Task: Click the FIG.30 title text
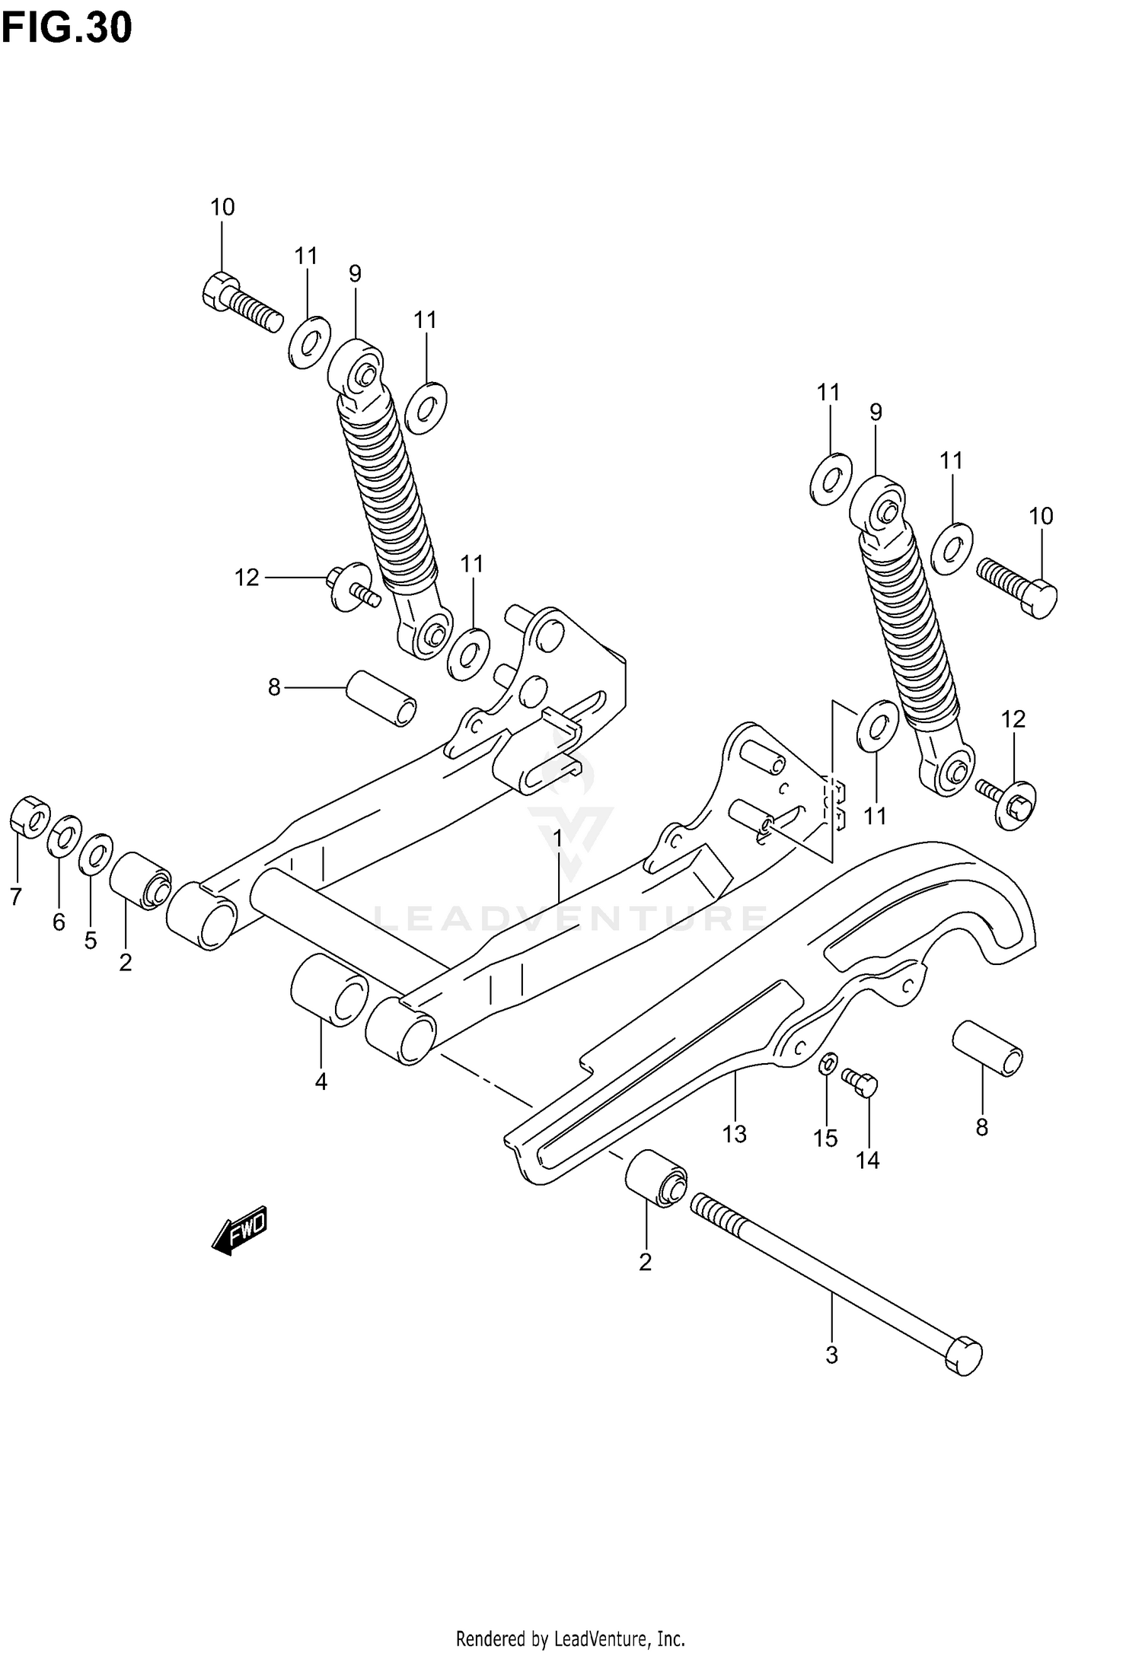click(67, 29)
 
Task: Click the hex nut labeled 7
click(30, 817)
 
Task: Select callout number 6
click(59, 922)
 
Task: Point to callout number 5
click(91, 941)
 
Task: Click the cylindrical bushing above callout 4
click(330, 989)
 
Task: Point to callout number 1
click(557, 839)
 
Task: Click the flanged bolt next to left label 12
click(352, 586)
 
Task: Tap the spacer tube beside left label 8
click(382, 697)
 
